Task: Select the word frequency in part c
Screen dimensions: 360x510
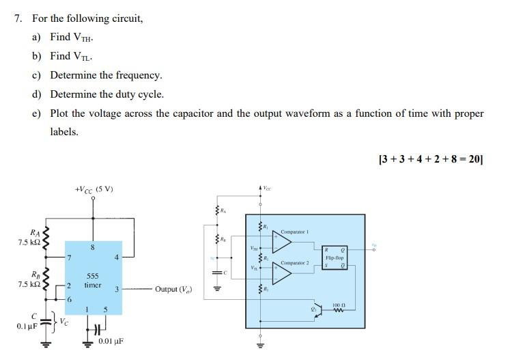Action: tap(139, 75)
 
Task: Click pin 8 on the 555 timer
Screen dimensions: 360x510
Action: tap(93, 247)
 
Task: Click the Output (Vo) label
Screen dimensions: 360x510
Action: tap(173, 290)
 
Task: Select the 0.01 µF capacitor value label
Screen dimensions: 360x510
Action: tap(110, 341)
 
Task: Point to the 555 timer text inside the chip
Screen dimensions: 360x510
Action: tap(93, 281)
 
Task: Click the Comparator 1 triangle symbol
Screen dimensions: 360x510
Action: tap(282, 240)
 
